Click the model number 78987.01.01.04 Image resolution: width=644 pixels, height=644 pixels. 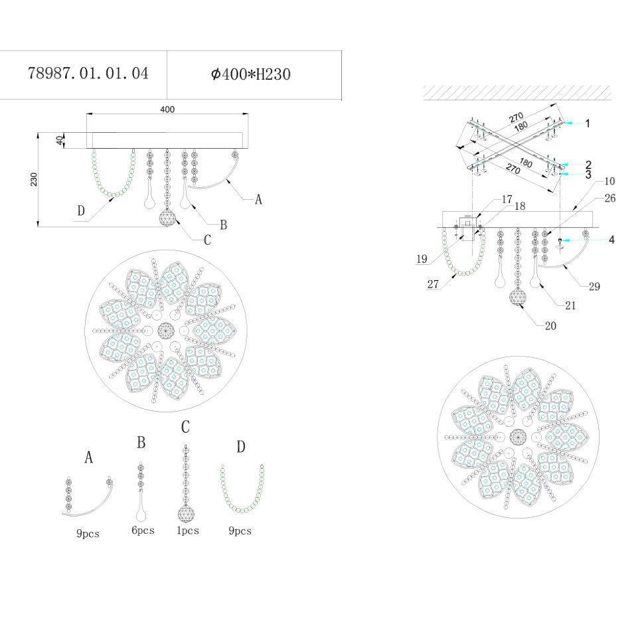(88, 74)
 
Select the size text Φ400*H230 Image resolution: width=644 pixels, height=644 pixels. (251, 74)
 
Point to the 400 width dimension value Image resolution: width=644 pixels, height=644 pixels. (167, 110)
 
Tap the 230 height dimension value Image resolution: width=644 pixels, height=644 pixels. (34, 179)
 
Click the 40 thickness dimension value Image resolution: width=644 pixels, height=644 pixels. (60, 141)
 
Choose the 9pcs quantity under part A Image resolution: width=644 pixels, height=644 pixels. (88, 534)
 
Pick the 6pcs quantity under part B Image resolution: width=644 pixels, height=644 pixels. (143, 530)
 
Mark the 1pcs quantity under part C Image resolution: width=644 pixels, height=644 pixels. (188, 530)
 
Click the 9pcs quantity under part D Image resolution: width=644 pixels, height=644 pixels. (240, 530)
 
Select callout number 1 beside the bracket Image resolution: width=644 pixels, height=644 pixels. (588, 123)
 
